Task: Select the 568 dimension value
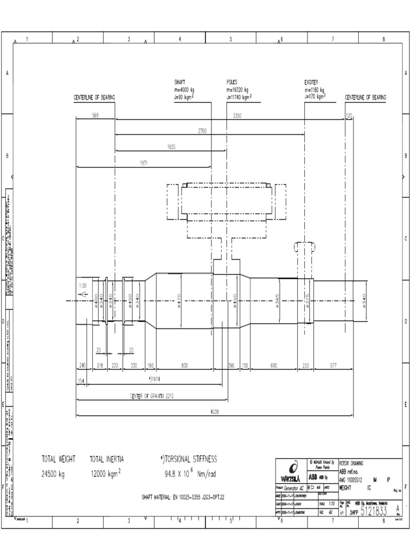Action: [96, 116]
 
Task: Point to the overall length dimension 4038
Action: [214, 411]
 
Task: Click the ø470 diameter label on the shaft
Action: [180, 301]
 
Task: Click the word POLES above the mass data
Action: [232, 83]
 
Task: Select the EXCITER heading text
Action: [311, 83]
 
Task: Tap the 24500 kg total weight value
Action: [53, 473]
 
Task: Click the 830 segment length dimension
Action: [184, 366]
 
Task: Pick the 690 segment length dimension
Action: [274, 366]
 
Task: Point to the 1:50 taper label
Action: [82, 286]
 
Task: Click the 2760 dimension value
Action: [202, 131]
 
